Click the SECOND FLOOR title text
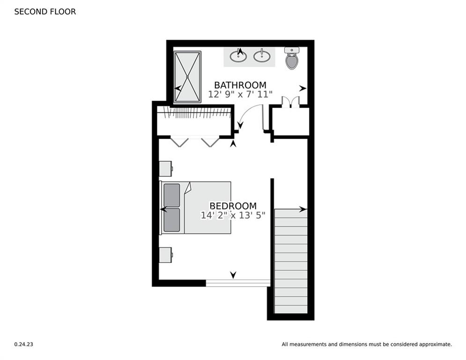pos(45,12)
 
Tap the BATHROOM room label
pos(240,85)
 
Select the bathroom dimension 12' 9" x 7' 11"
pos(240,94)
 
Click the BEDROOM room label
pos(233,206)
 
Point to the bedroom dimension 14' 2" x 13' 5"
pos(233,215)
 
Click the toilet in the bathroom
pos(292,59)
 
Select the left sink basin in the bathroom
pos(238,57)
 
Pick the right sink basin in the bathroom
pos(262,57)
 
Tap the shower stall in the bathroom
pos(187,77)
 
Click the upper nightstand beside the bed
pos(165,168)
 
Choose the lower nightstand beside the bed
pos(165,255)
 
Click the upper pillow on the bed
pos(172,195)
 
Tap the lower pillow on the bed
pos(172,220)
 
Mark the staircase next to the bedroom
pos(290,261)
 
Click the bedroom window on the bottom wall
pos(238,283)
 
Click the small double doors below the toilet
pos(290,102)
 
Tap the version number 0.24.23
pos(23,344)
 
